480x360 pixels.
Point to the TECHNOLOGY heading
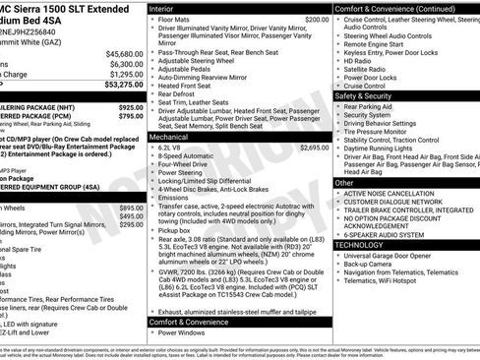[368, 244]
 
